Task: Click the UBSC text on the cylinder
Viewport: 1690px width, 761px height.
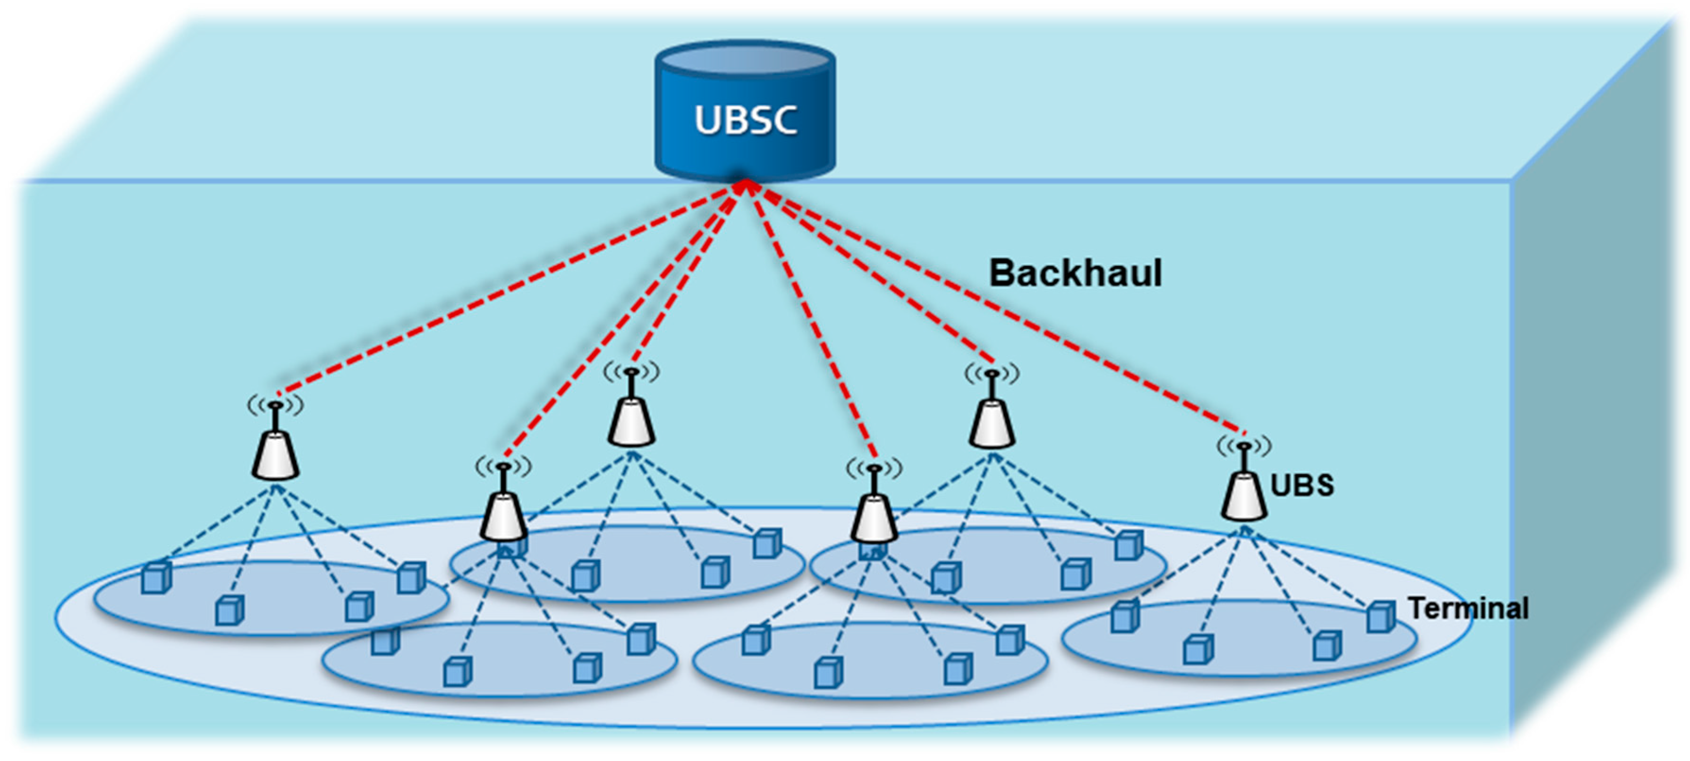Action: point(745,120)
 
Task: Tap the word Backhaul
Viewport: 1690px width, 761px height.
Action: point(1075,273)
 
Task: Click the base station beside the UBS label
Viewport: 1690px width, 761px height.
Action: point(1244,496)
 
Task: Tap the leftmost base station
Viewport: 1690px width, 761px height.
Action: point(276,454)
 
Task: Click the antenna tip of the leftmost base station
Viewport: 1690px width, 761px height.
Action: point(276,405)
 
